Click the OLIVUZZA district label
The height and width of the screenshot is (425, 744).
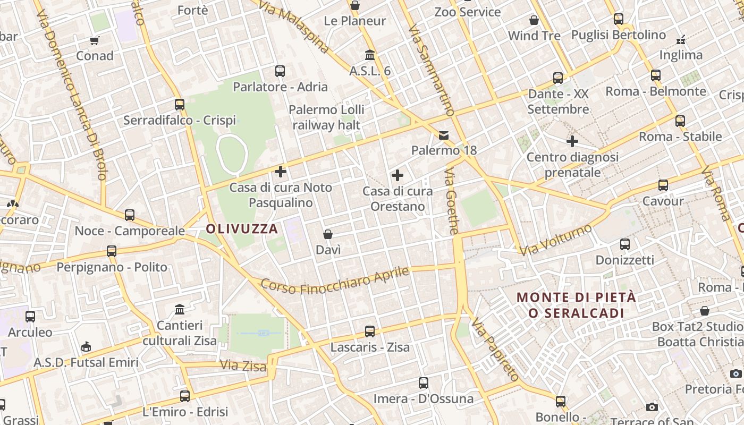(x=242, y=229)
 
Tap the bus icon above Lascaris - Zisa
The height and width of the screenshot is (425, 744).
(x=370, y=331)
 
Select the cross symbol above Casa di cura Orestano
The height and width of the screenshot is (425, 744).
(x=397, y=175)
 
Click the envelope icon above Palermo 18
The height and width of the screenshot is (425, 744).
(x=444, y=135)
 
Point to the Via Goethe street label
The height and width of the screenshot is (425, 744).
(x=452, y=201)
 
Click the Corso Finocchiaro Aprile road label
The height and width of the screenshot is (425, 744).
(x=335, y=280)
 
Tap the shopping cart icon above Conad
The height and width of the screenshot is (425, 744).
(x=95, y=40)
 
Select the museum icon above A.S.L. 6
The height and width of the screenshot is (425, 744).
(x=370, y=55)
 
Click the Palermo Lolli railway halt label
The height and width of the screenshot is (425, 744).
(x=326, y=117)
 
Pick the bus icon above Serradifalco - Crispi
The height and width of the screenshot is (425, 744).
(x=180, y=105)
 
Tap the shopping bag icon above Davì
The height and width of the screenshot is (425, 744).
(x=328, y=234)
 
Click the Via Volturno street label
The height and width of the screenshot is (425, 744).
(x=556, y=240)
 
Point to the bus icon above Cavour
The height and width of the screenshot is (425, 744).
(x=663, y=185)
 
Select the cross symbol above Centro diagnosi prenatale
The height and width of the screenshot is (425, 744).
(x=572, y=141)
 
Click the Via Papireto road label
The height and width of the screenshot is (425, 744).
(x=495, y=350)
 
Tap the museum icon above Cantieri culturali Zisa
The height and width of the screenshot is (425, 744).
(x=180, y=309)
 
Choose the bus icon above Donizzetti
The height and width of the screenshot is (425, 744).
(x=625, y=244)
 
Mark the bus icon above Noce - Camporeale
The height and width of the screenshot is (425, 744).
(x=130, y=215)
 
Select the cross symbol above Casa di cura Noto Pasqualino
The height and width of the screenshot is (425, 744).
(x=281, y=172)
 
